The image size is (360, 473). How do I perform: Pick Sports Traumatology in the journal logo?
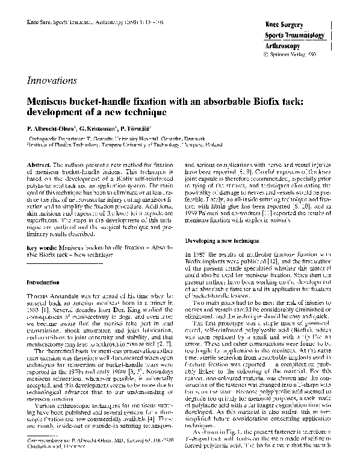291,36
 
